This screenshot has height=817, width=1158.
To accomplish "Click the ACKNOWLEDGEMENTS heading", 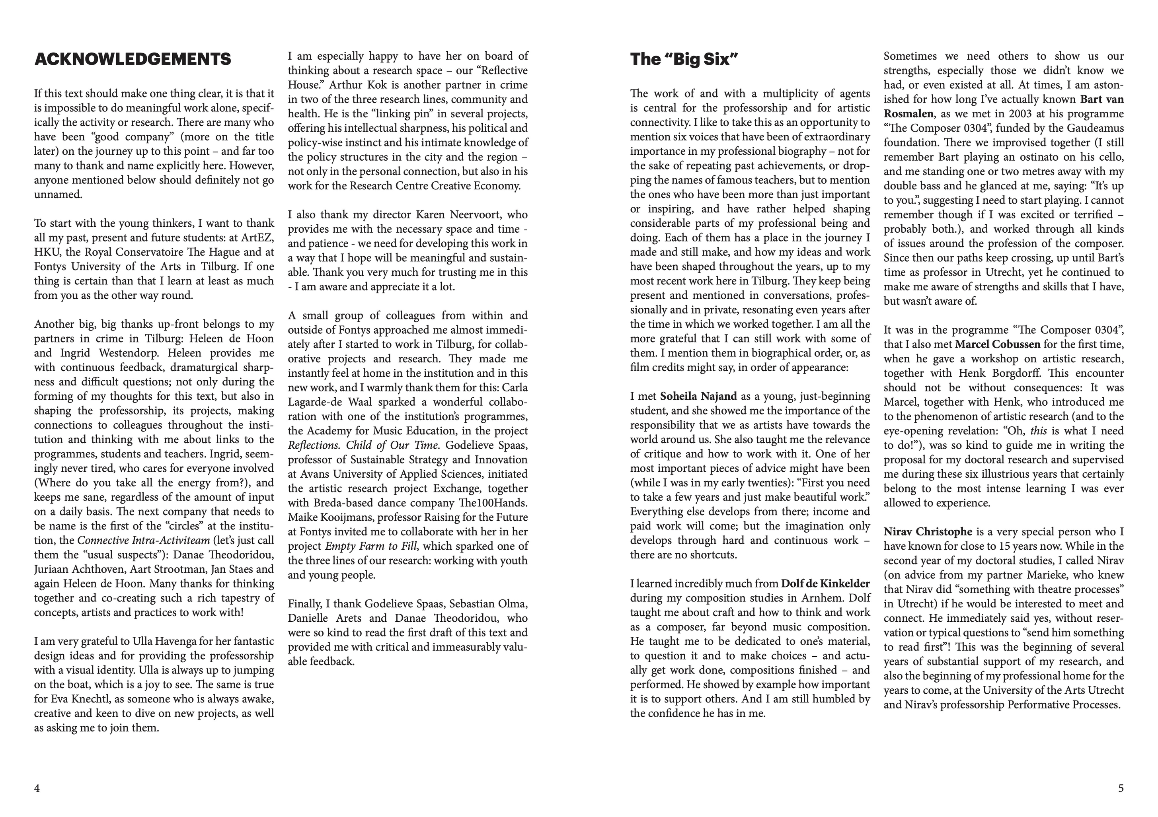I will coord(133,60).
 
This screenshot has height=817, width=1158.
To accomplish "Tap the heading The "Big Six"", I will coord(684,60).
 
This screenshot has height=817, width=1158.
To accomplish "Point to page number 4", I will coord(37,788).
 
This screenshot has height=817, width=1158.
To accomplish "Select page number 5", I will coord(1121,788).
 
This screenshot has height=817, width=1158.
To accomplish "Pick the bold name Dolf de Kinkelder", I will coord(826,584).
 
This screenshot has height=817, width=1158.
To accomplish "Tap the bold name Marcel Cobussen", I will coord(997,344).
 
